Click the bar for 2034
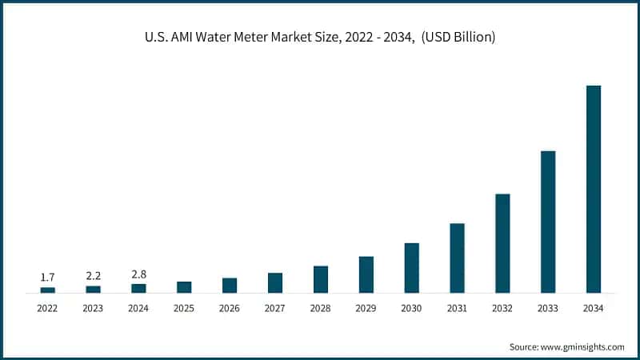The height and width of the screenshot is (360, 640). click(594, 189)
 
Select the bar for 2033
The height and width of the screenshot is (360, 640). click(548, 222)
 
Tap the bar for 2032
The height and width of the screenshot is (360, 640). click(502, 243)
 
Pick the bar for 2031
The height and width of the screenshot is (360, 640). click(457, 258)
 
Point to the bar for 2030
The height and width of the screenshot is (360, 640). click(411, 268)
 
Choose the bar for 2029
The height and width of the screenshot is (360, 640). click(366, 274)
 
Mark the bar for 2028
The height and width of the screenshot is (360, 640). click(321, 279)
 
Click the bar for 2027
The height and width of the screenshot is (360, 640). click(275, 282)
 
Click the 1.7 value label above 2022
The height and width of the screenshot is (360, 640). click(47, 277)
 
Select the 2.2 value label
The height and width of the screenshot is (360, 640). click(93, 275)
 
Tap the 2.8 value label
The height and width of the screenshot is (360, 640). click(138, 274)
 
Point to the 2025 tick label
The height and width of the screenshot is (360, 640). click(184, 308)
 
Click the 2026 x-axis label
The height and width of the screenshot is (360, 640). click(230, 308)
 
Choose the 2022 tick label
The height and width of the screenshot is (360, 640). click(47, 308)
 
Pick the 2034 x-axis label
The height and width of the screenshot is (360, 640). click(594, 308)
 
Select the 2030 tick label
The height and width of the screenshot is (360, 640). click(411, 308)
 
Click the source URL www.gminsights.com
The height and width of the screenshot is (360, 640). click(584, 346)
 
